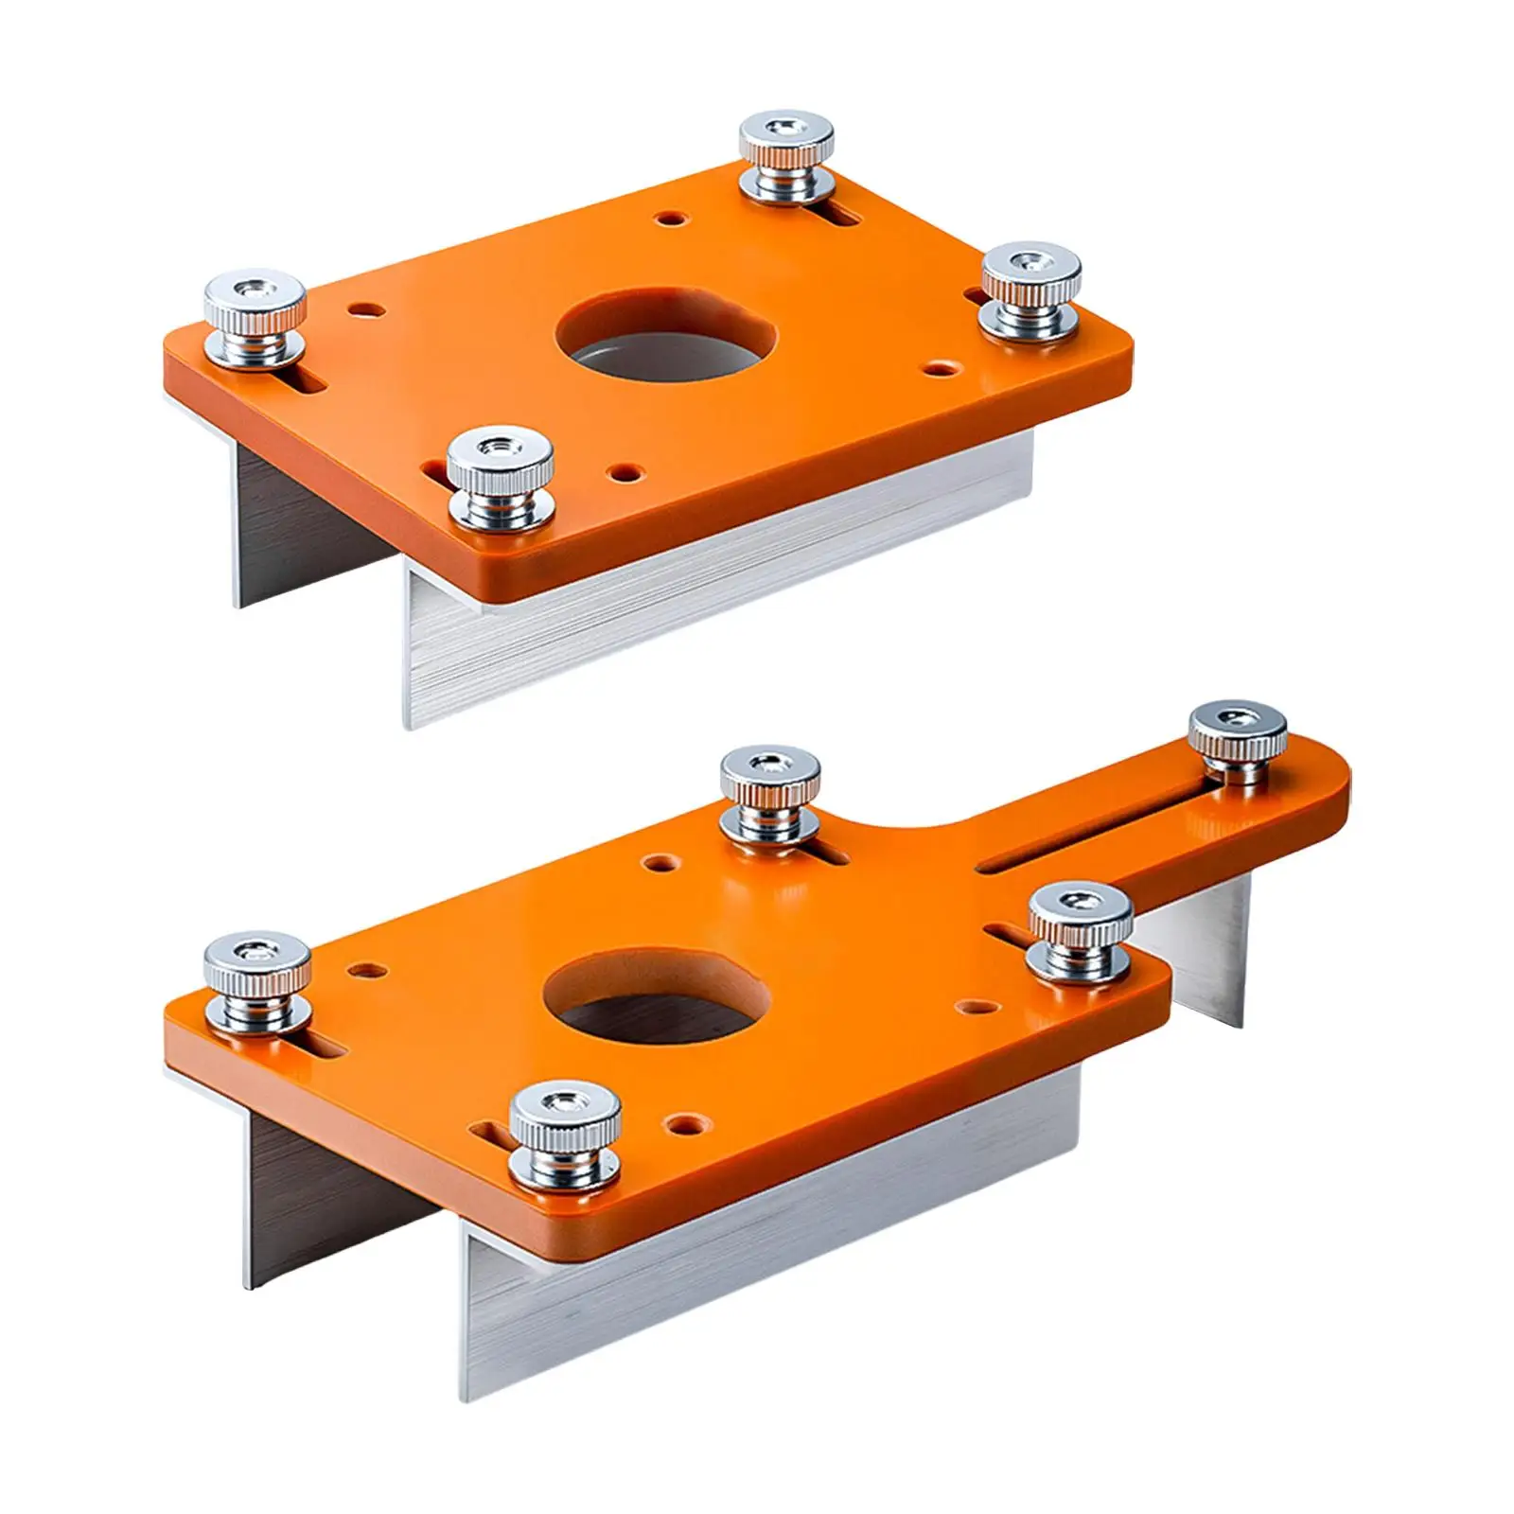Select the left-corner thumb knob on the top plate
point(256,320)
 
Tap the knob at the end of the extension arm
point(1237,742)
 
